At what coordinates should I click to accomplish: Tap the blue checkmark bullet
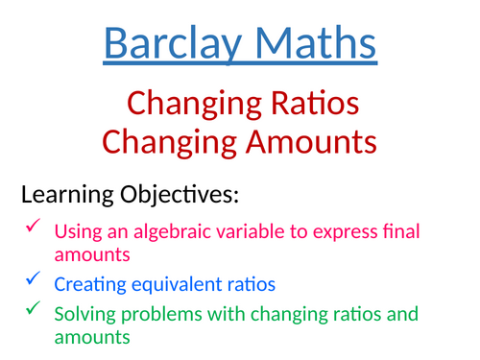[33, 280]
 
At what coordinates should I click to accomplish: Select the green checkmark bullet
[33, 309]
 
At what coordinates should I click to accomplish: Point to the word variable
[228, 231]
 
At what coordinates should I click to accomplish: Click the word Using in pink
[74, 231]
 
